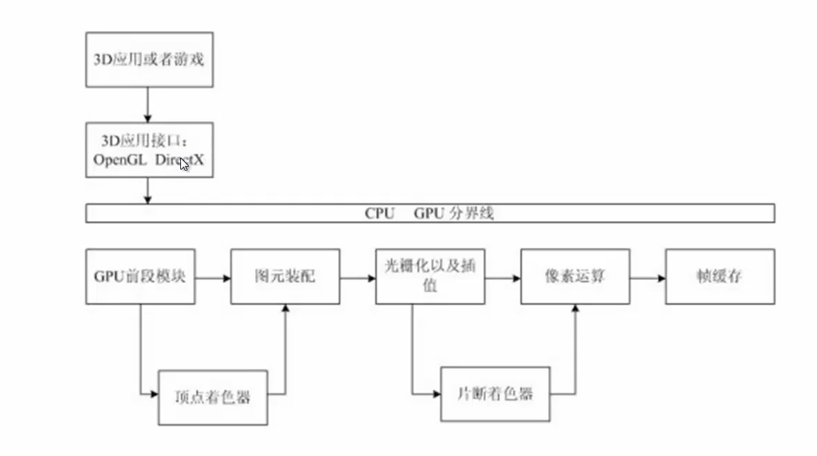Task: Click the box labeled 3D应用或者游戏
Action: pos(149,59)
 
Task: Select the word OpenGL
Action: pos(120,160)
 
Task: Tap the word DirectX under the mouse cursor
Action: pos(179,160)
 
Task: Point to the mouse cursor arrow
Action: pos(185,165)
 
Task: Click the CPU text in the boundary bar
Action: pos(380,213)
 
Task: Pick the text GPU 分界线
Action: pos(454,213)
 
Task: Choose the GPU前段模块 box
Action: pos(141,277)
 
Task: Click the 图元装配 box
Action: pos(285,277)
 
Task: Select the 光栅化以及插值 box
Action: pos(430,277)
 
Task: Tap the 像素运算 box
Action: pos(575,277)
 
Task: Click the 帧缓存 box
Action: pos(720,277)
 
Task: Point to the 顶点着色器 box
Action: pos(213,398)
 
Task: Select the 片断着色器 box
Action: pos(496,394)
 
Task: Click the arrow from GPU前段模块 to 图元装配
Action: pos(213,279)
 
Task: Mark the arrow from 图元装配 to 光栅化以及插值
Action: pos(358,279)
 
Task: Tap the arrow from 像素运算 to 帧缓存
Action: pos(648,279)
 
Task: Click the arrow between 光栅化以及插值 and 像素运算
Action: pos(503,279)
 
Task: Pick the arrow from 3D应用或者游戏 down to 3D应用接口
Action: pos(147,105)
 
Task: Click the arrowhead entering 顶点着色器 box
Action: pos(154,394)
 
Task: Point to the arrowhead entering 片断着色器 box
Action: pos(437,394)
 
